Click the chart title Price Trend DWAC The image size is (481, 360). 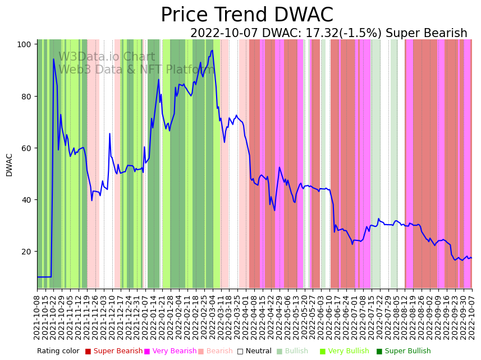[x=247, y=15]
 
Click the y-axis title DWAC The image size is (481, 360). [x=9, y=165]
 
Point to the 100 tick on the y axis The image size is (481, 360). [x=26, y=44]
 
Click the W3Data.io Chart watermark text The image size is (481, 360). [x=107, y=57]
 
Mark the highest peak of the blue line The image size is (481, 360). [x=212, y=51]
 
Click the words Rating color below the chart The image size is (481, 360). [x=58, y=352]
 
